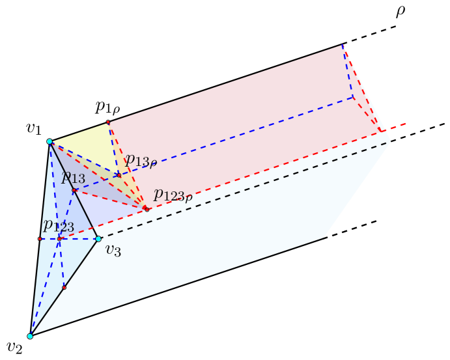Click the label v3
pos(113,251)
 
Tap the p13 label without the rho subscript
pos(73,177)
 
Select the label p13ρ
pos(141,160)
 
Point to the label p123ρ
pos(173,195)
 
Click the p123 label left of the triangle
pos(58,226)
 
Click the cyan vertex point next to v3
pos(98,239)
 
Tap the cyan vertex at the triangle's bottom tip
pos(30,336)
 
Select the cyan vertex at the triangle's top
pos(49,141)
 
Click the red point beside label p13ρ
pos(119,176)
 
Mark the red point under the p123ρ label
pos(147,209)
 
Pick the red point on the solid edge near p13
pos(74,190)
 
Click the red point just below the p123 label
pos(59,239)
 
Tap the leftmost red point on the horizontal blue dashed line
pos(40,239)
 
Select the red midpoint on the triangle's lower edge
pos(64,287)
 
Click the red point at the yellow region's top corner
pos(108,122)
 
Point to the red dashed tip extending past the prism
pos(404,123)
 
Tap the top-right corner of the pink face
pos(343,45)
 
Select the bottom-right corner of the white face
pos(324,238)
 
